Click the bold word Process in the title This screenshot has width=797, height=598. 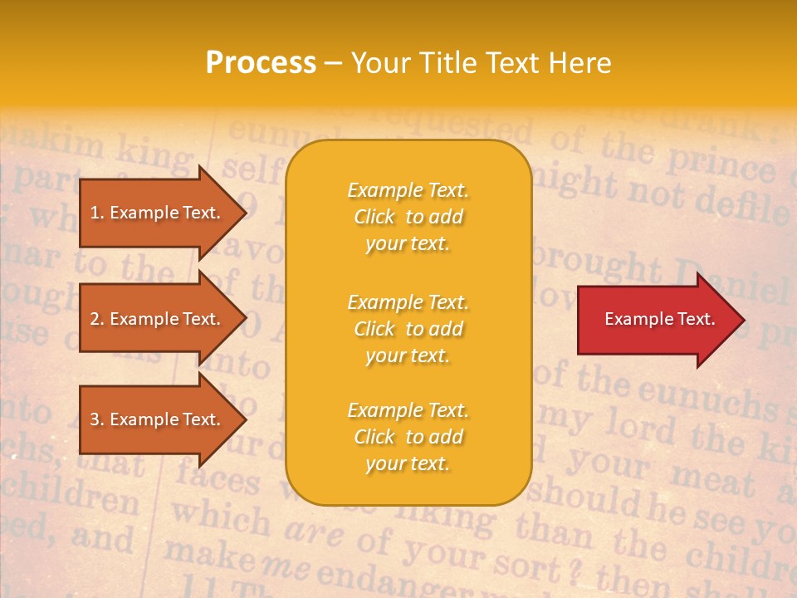click(x=260, y=63)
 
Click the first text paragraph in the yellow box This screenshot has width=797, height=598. click(x=408, y=217)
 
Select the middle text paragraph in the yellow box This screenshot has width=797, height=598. click(x=408, y=329)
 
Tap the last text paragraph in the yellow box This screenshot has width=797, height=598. click(x=408, y=437)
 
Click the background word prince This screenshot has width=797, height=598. click(x=723, y=163)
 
